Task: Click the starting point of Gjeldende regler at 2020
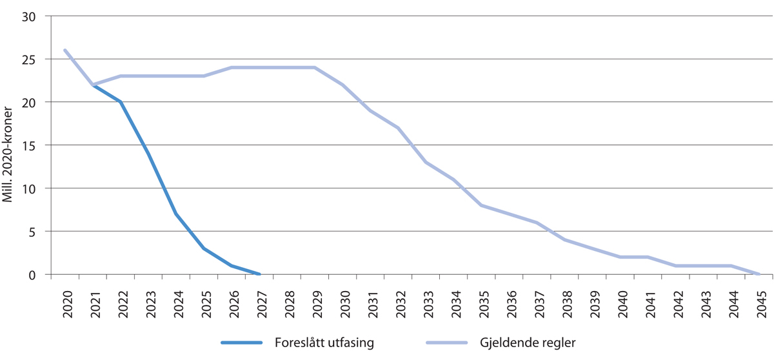click(x=65, y=50)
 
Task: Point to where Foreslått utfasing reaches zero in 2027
click(x=259, y=274)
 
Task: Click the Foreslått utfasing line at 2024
click(x=176, y=214)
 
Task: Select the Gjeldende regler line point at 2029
click(x=315, y=67)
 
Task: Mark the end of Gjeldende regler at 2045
click(x=760, y=274)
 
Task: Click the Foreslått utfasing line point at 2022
click(x=121, y=102)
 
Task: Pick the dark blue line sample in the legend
click(x=242, y=342)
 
